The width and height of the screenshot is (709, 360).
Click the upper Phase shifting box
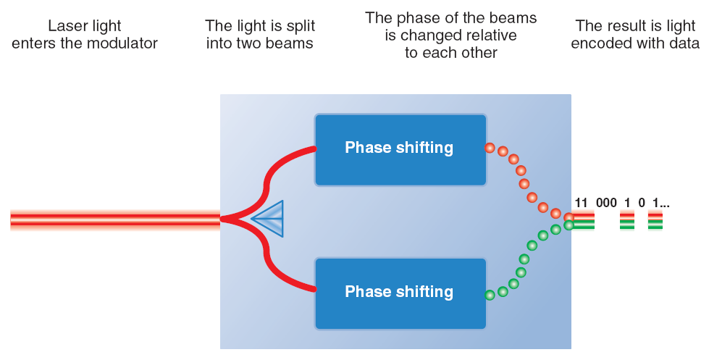[400, 150]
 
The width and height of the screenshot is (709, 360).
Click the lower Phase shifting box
[400, 294]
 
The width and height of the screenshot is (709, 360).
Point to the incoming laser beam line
[115, 220]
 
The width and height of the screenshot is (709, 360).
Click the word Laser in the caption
[65, 26]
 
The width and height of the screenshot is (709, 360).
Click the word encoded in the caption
[599, 43]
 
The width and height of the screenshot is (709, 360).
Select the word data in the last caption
[683, 43]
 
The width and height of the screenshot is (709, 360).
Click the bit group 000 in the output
[606, 203]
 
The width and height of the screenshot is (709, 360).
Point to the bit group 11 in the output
[581, 203]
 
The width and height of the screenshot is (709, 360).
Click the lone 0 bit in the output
[641, 203]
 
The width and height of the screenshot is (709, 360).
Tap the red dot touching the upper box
[490, 148]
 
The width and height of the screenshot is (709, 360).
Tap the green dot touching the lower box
[490, 296]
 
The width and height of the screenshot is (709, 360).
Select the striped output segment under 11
[584, 221]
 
